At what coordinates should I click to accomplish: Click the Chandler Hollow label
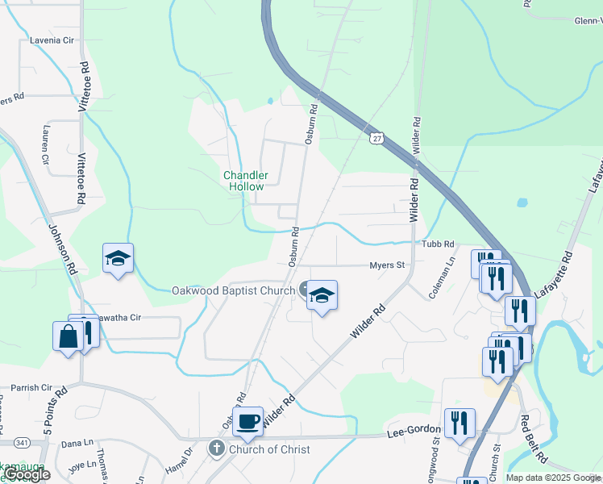pos(243,181)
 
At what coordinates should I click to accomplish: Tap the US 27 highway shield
pos(376,138)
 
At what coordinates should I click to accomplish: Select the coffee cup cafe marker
pos(247,420)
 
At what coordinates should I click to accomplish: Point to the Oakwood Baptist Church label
pos(232,290)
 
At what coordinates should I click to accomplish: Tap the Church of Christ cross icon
pos(216,448)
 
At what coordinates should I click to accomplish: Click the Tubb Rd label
pos(438,244)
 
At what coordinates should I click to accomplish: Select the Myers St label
pos(386,264)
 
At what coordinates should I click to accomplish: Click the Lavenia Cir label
pos(52,39)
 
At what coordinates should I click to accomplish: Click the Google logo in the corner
pos(27,474)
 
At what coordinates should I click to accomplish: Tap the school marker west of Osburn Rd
pos(118,259)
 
